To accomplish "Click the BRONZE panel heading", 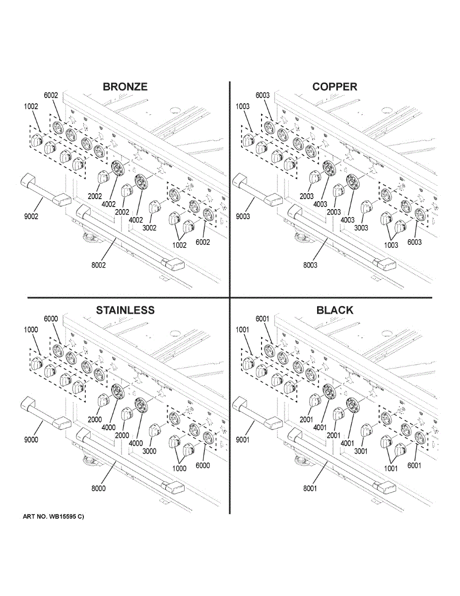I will pyautogui.click(x=125, y=86).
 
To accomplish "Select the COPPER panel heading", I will pyautogui.click(x=334, y=86).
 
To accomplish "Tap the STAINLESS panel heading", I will pyautogui.click(x=125, y=310).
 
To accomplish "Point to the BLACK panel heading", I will pyautogui.click(x=335, y=310).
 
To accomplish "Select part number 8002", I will pyautogui.click(x=98, y=265).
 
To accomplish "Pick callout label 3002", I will pyautogui.click(x=148, y=228).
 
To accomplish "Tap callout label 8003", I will pyautogui.click(x=310, y=265).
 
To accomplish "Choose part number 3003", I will pyautogui.click(x=360, y=228).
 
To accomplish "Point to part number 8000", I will pyautogui.click(x=98, y=488).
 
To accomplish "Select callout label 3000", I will pyautogui.click(x=148, y=451).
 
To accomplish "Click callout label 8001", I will pyautogui.click(x=310, y=489).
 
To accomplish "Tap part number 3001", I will pyautogui.click(x=360, y=451).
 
